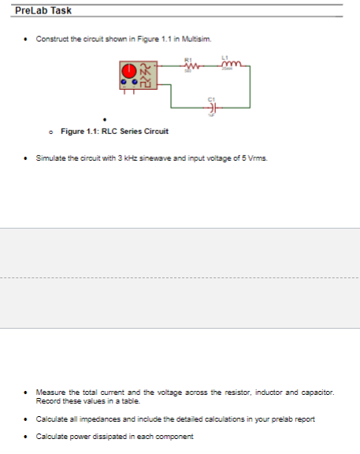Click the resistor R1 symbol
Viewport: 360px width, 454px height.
click(x=189, y=67)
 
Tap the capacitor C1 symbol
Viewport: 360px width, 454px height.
click(x=211, y=108)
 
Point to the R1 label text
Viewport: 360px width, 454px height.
click(x=188, y=60)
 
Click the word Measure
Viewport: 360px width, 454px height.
click(x=50, y=391)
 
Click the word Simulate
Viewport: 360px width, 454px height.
click(x=50, y=158)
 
